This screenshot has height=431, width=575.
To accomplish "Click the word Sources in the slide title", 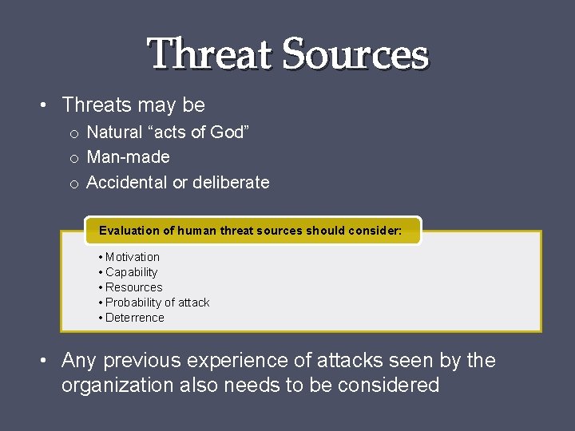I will (355, 54).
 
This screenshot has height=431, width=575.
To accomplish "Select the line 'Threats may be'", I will (133, 105).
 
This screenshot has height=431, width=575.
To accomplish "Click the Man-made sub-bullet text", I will (128, 157).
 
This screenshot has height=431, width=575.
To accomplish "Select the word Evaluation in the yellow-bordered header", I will (128, 231).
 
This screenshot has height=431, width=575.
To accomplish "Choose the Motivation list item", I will (132, 257).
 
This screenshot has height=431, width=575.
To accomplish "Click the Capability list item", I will (131, 272).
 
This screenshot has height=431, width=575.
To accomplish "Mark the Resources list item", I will (133, 287).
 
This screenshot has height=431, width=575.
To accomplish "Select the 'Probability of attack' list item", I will (157, 302).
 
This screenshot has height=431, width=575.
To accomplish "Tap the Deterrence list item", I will (134, 318).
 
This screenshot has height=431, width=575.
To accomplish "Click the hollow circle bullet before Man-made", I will (73, 159).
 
